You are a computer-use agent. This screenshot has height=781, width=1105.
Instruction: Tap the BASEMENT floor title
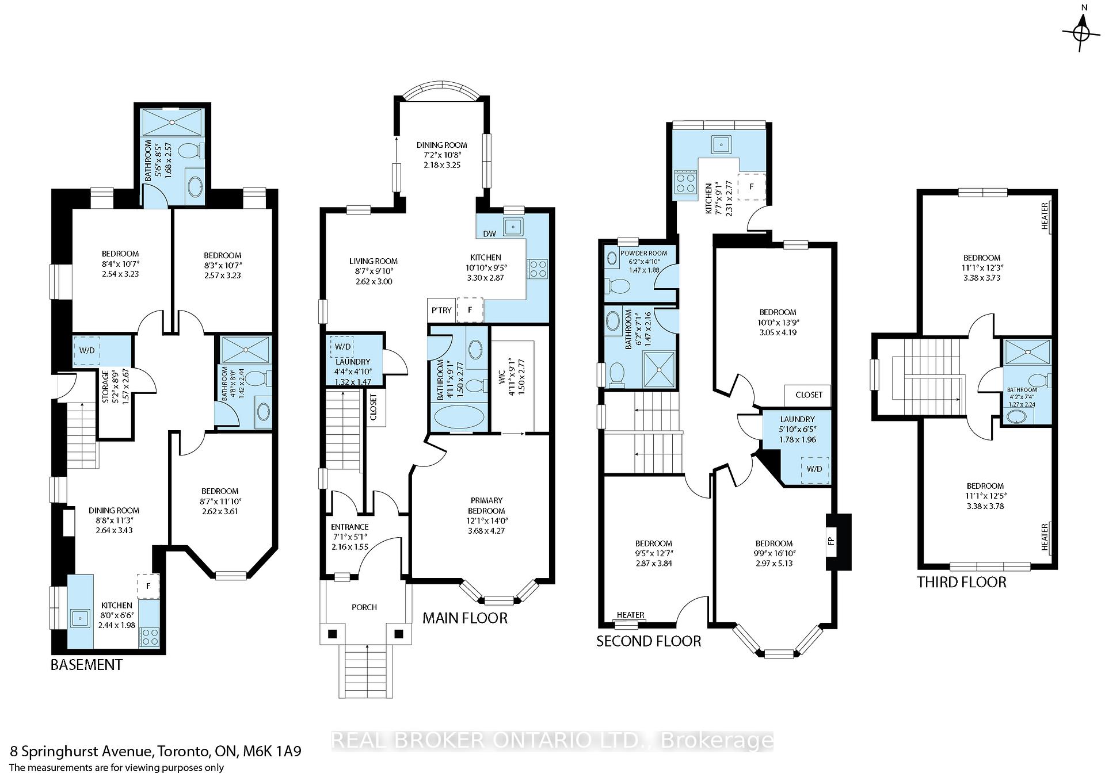[86, 665]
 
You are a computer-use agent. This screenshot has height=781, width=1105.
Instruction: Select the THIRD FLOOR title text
[961, 582]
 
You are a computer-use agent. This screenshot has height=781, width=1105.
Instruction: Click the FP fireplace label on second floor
[831, 541]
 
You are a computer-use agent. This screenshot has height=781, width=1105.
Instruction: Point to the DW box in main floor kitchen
[489, 233]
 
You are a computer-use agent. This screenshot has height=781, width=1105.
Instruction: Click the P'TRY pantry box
[441, 310]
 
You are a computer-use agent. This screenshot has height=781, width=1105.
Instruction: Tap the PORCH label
[364, 607]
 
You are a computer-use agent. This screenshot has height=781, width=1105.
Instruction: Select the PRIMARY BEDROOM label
[486, 506]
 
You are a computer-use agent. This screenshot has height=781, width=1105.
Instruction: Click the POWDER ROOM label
[644, 253]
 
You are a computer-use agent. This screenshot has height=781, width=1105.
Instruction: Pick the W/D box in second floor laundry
[814, 469]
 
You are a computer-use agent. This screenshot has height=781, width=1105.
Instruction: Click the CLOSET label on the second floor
[809, 395]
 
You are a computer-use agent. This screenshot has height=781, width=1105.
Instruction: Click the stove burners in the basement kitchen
[150, 636]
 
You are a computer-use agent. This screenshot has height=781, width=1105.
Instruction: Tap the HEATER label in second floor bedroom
[630, 615]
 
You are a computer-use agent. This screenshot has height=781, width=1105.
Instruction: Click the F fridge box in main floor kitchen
[470, 310]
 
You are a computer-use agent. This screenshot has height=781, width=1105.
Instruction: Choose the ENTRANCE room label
[349, 527]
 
